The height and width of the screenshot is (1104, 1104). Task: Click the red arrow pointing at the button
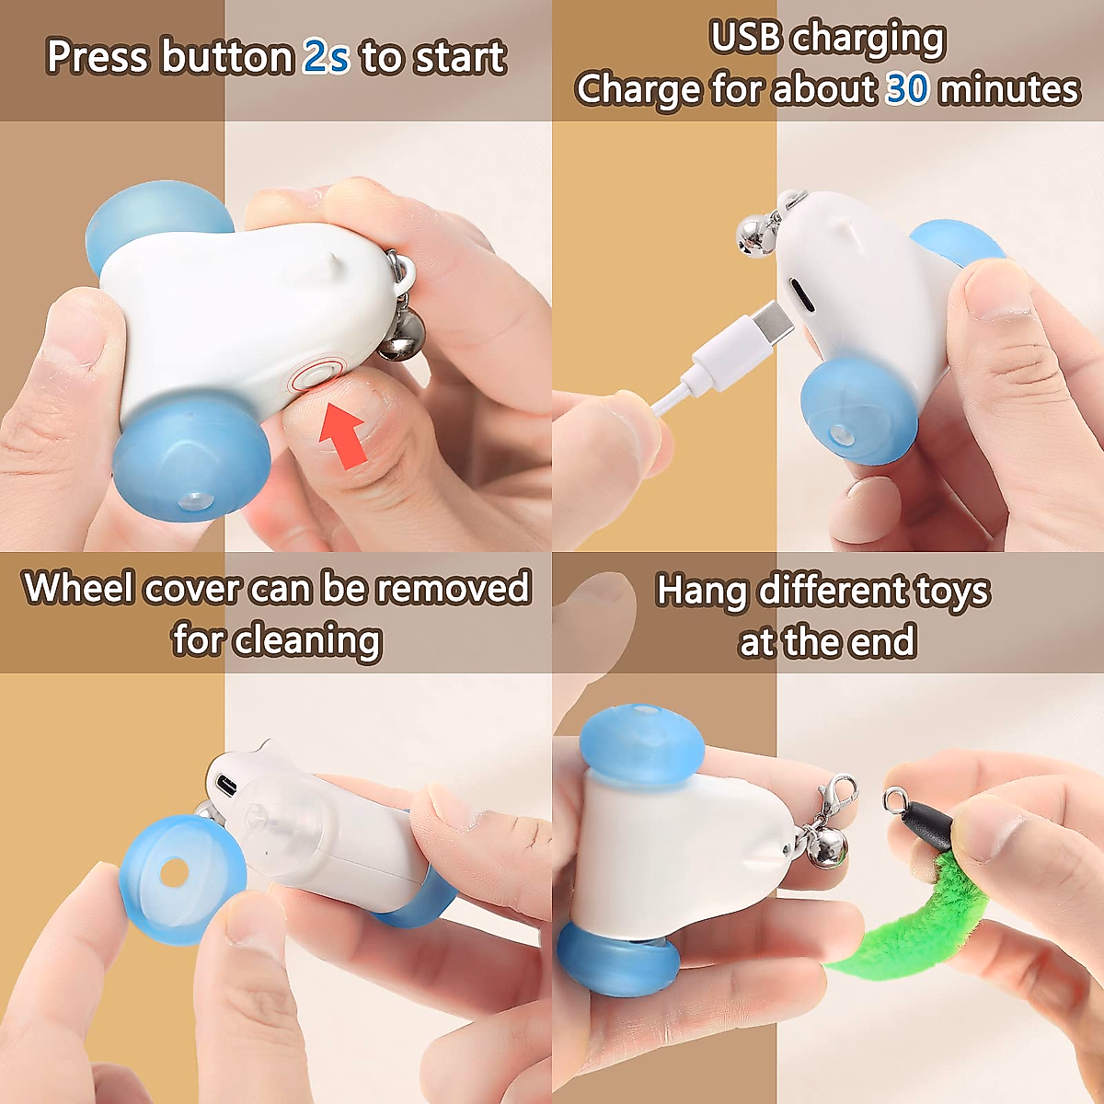343,436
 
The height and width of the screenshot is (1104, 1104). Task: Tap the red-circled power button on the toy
316,376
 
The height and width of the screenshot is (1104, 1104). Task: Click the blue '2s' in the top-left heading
327,57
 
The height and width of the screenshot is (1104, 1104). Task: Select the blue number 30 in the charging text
907,89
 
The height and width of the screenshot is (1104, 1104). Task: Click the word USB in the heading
746,38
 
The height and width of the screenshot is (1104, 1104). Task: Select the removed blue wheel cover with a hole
181,878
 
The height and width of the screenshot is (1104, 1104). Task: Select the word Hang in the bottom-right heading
701,591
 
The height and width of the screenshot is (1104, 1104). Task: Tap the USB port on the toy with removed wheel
226,785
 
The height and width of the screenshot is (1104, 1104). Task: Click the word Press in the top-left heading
98,57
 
